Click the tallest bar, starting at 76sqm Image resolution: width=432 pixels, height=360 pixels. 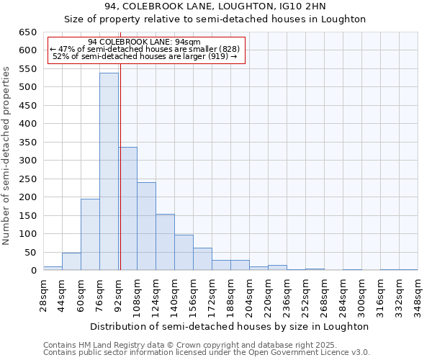[109, 171]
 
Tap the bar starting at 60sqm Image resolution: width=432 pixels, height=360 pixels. [90, 235]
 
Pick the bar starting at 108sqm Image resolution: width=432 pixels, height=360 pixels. [146, 226]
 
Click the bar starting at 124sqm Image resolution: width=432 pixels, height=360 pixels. [165, 242]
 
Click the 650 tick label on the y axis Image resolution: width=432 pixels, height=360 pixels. [27, 32]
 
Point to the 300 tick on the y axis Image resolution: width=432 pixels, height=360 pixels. [27, 161]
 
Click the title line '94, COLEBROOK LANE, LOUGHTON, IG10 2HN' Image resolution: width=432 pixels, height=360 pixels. [215, 6]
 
